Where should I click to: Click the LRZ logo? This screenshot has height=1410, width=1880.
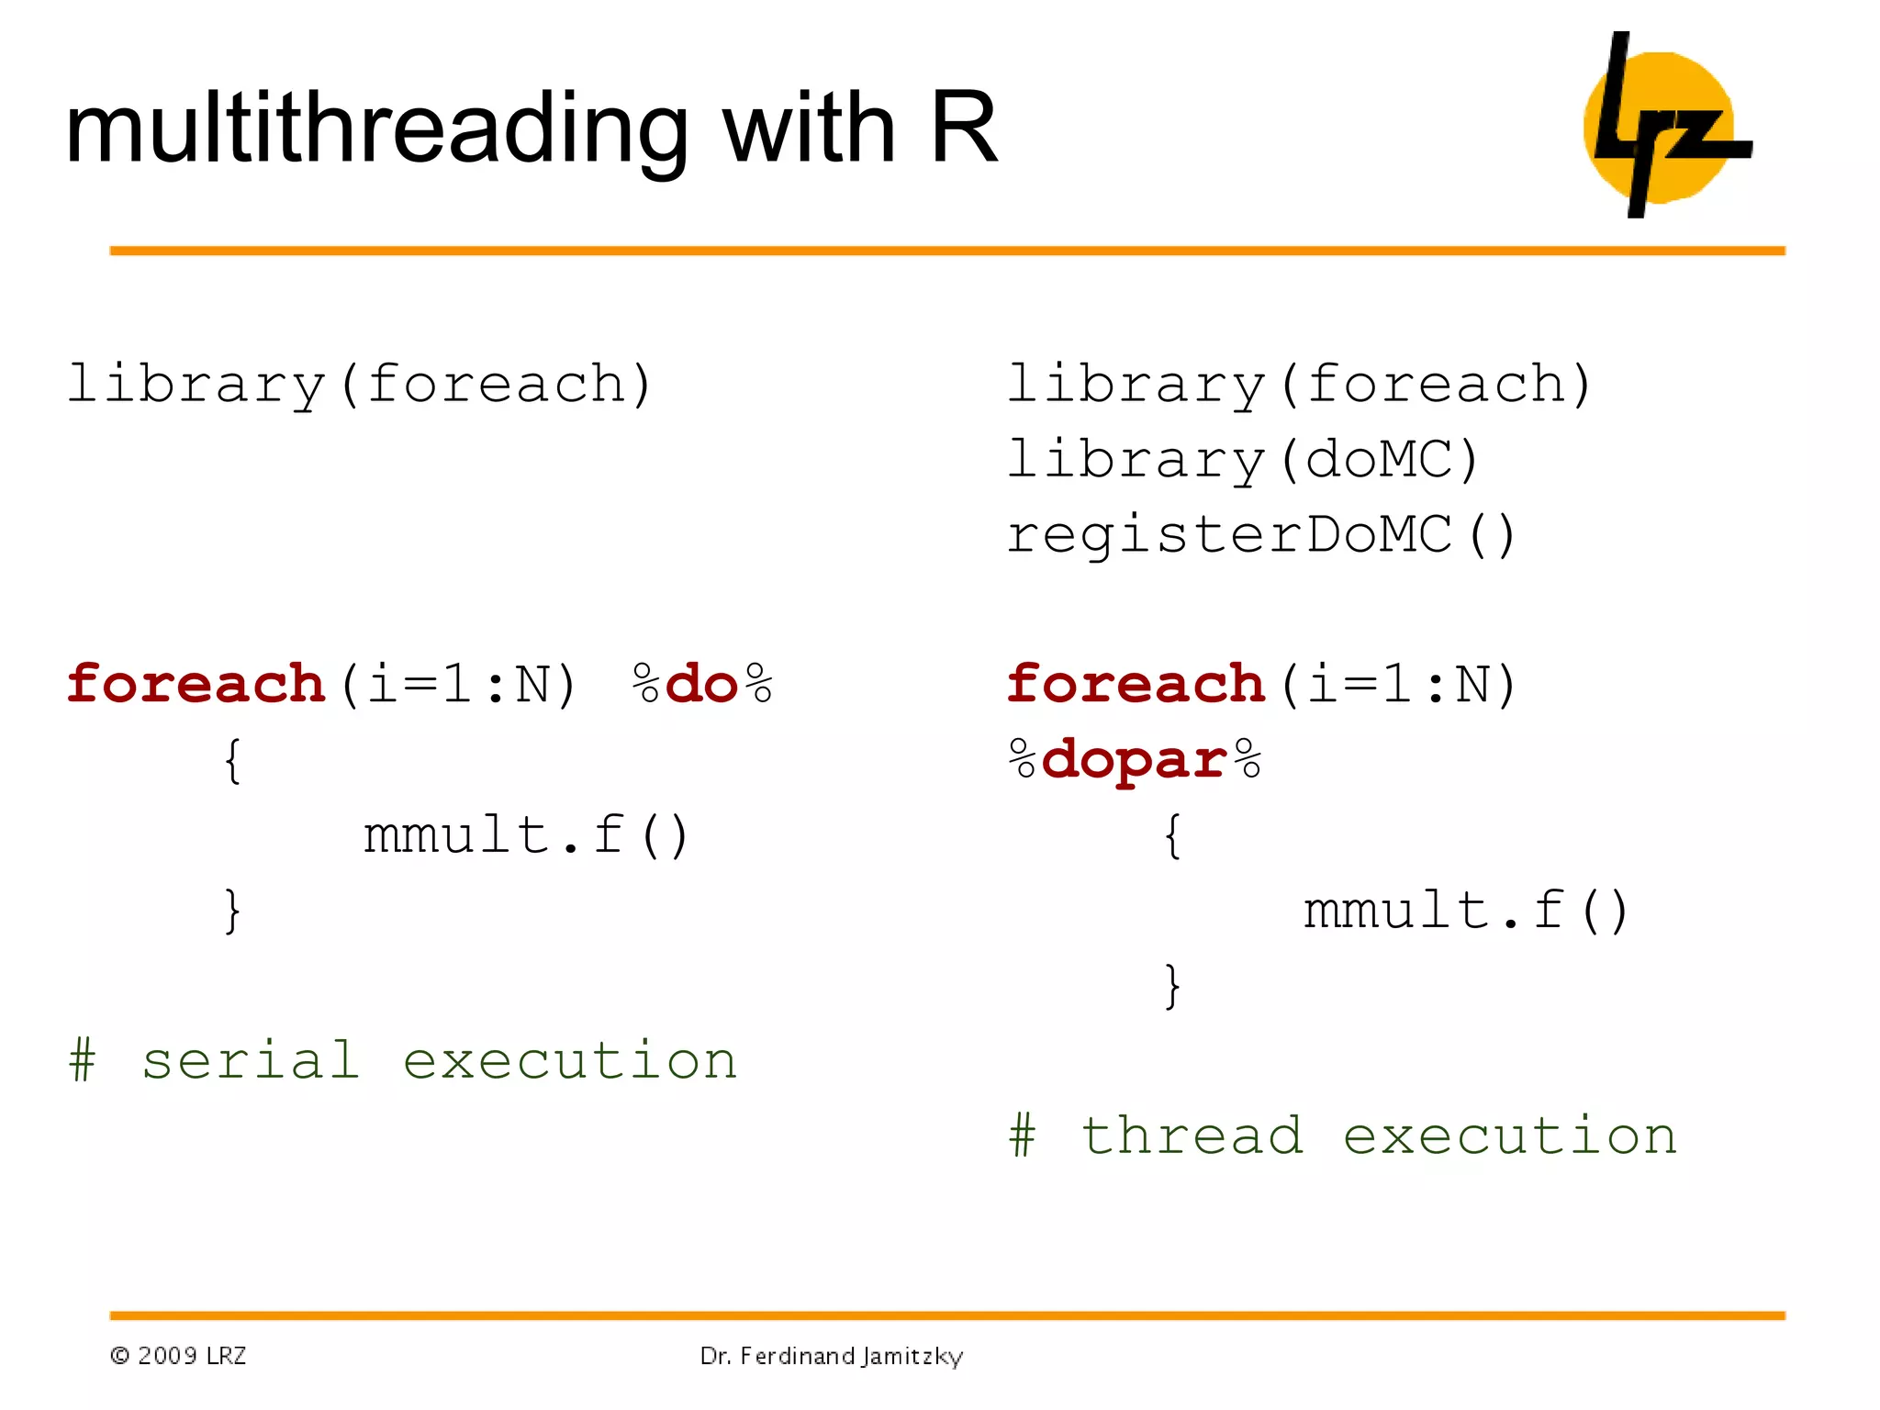coord(1666,126)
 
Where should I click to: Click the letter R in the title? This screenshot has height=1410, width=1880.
coord(963,129)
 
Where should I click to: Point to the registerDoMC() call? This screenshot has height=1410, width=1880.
coord(1261,535)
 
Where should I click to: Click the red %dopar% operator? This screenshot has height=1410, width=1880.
coord(1135,761)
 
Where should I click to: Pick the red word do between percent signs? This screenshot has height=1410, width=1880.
coord(702,685)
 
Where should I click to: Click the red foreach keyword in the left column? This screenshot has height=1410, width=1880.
coord(196,685)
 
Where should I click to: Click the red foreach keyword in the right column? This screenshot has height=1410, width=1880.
coord(1136,685)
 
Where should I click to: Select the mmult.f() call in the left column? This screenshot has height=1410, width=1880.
coord(526,836)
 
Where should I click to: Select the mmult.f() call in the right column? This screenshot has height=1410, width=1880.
coord(1466,912)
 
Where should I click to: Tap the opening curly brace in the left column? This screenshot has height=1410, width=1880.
coord(233,761)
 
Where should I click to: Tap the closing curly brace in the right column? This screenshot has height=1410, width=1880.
coord(1172,987)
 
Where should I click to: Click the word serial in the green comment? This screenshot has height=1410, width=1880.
coord(250,1061)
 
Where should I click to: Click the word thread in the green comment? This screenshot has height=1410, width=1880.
coord(1192,1136)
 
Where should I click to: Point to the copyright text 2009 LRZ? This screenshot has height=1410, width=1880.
coord(179,1356)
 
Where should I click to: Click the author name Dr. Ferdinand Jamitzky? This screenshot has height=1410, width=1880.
coord(832,1356)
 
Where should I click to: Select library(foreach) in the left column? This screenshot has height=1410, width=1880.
coord(360,385)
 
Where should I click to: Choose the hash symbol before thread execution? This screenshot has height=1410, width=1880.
coord(1022,1136)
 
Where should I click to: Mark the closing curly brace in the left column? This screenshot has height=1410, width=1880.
coord(233,912)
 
